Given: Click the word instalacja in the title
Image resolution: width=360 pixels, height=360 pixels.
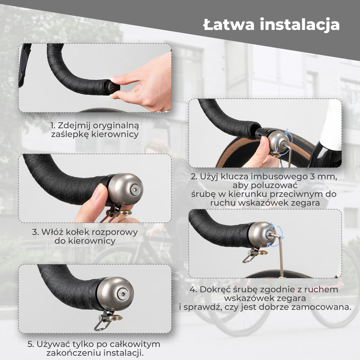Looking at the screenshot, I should coord(300,24).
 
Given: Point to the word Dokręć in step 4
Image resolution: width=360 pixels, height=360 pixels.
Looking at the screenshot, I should coord(214,289).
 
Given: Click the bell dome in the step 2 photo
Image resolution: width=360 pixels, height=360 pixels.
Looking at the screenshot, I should coord(278,141).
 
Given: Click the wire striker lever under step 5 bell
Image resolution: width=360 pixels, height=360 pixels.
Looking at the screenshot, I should coord(101,323).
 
